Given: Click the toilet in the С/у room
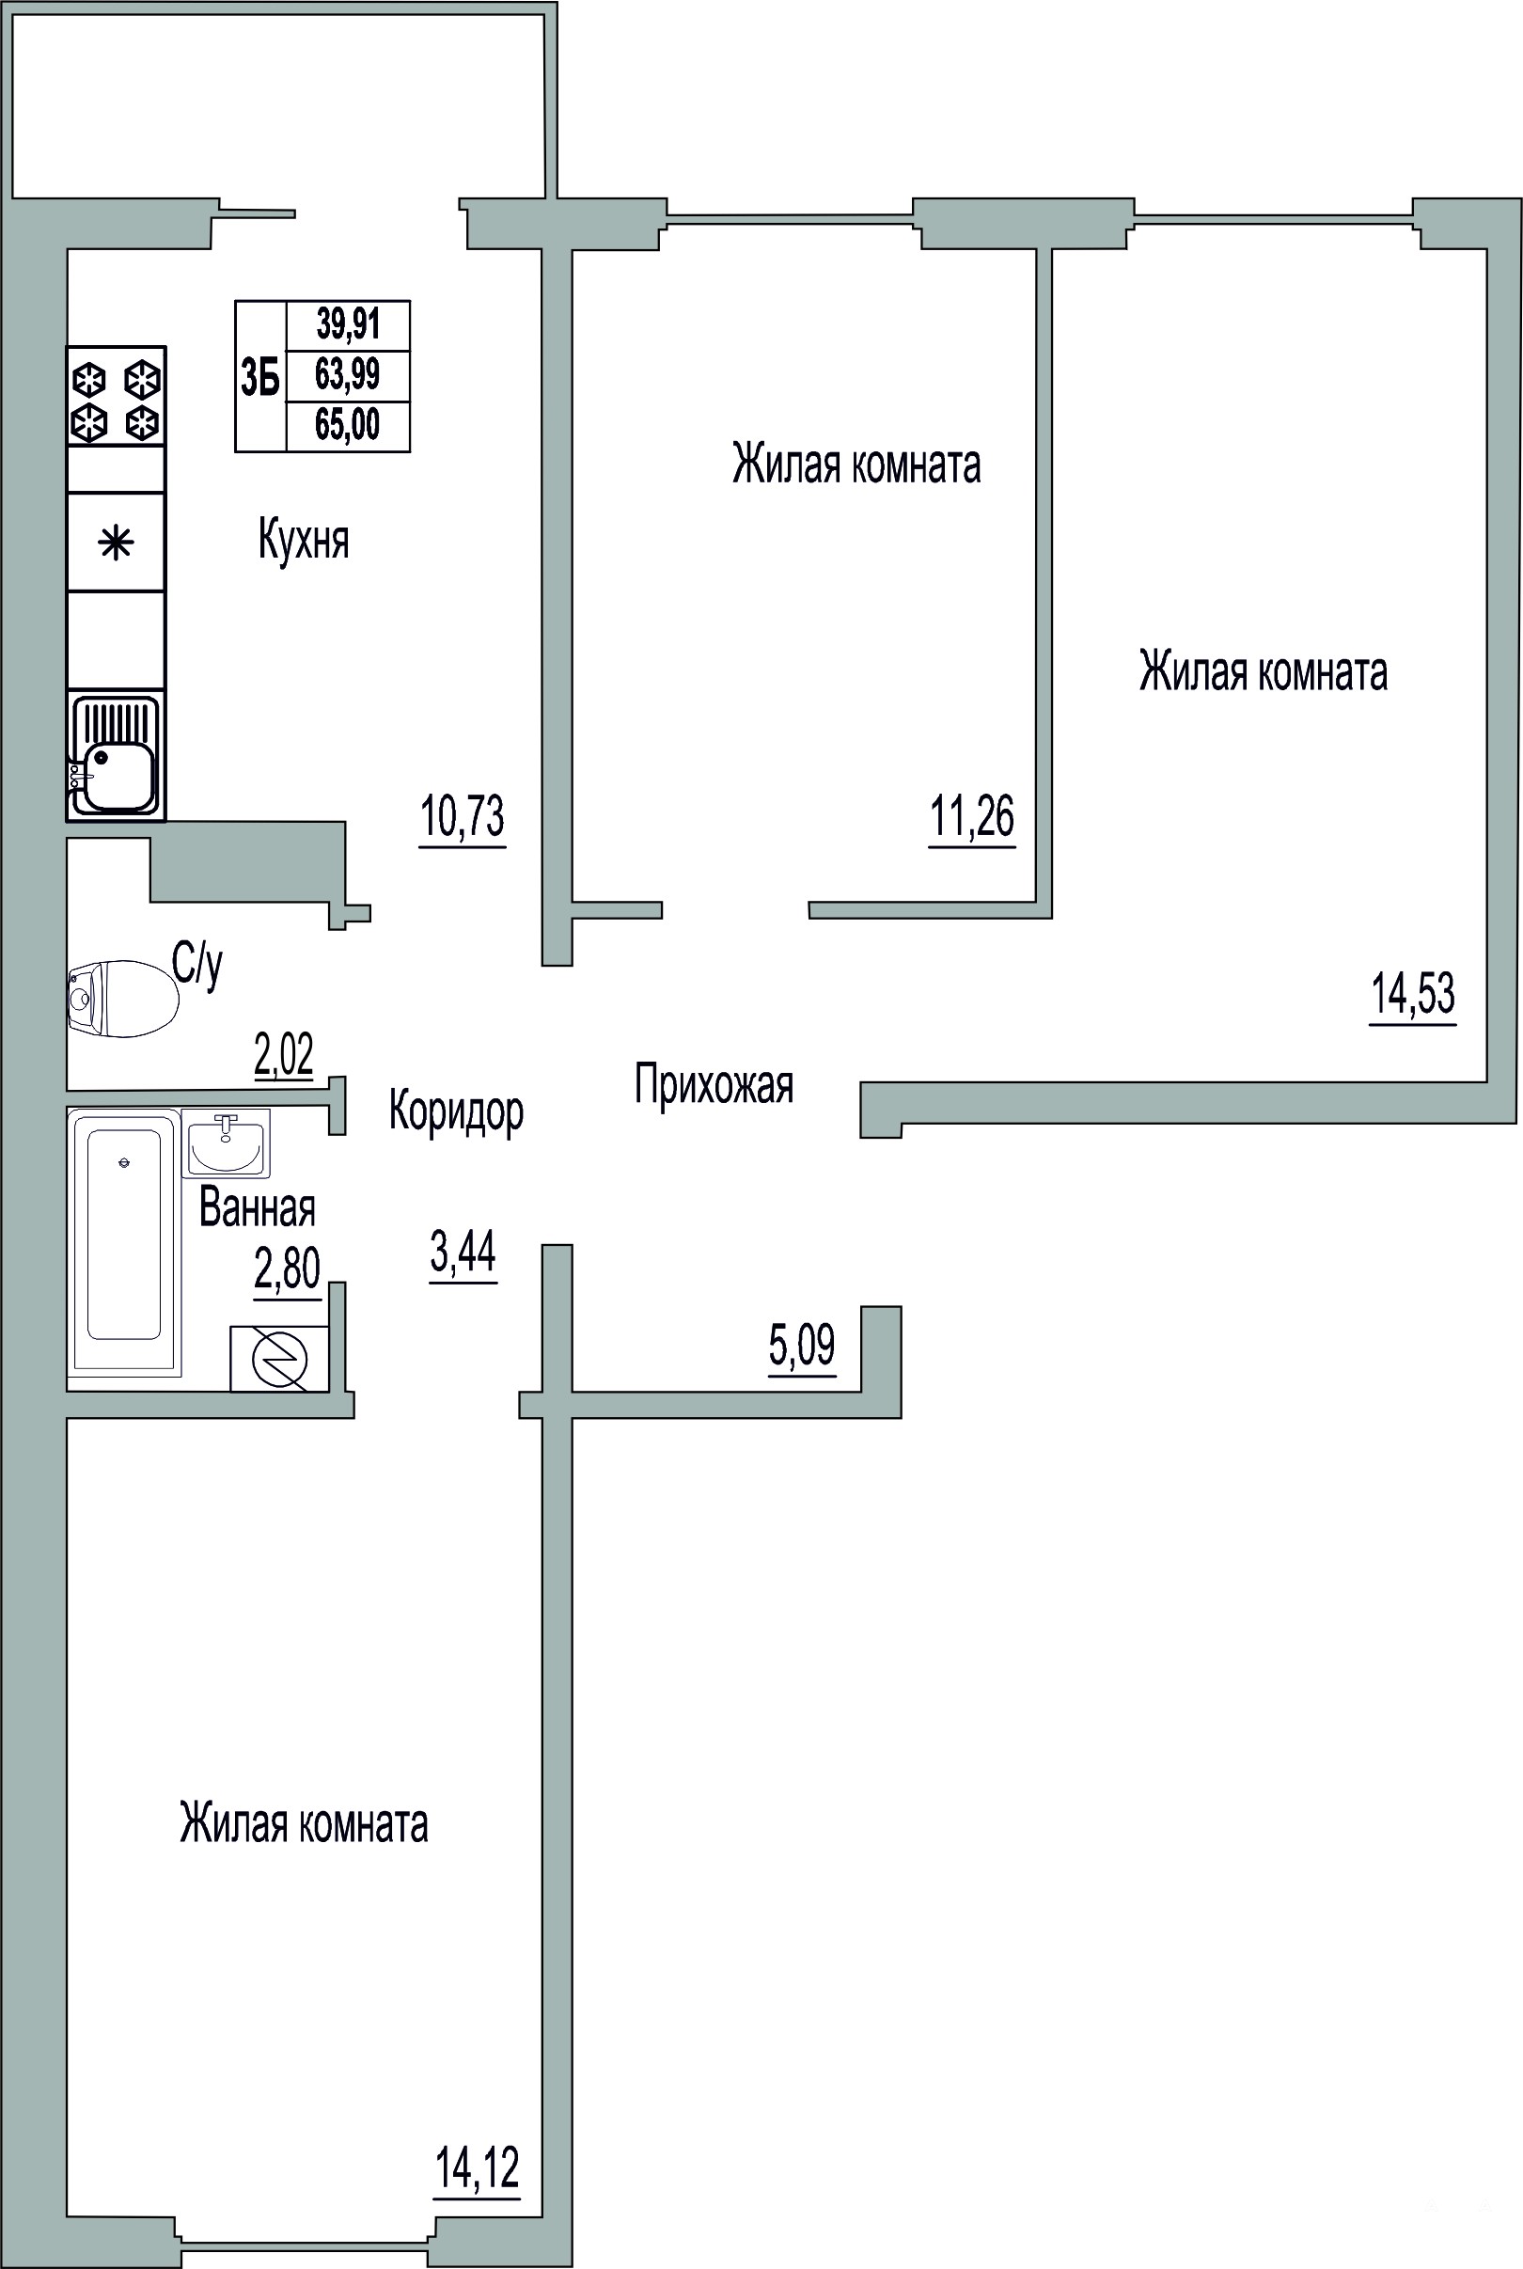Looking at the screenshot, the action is [122, 998].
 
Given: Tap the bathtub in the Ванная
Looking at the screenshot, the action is [124, 1243].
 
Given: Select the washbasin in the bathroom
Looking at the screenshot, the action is [226, 1143].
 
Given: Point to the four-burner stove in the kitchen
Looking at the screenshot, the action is [116, 396].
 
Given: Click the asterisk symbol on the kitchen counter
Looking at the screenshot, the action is [117, 543].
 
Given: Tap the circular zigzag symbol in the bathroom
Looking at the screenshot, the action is [280, 1359].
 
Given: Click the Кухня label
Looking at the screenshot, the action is [303, 539].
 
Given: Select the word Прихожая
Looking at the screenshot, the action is [714, 1085].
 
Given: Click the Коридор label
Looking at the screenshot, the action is [457, 1111].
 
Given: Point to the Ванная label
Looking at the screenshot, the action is [258, 1208].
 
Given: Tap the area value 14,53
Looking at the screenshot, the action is [1413, 994].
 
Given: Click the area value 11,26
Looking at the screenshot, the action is [972, 816].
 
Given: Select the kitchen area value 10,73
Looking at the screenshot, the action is [463, 816].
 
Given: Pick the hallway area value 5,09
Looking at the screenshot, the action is [802, 1345].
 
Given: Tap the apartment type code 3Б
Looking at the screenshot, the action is [260, 377].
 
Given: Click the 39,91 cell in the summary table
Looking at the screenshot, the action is [348, 324].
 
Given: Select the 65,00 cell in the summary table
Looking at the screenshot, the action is [348, 425].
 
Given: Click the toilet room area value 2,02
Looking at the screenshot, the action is [284, 1055].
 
